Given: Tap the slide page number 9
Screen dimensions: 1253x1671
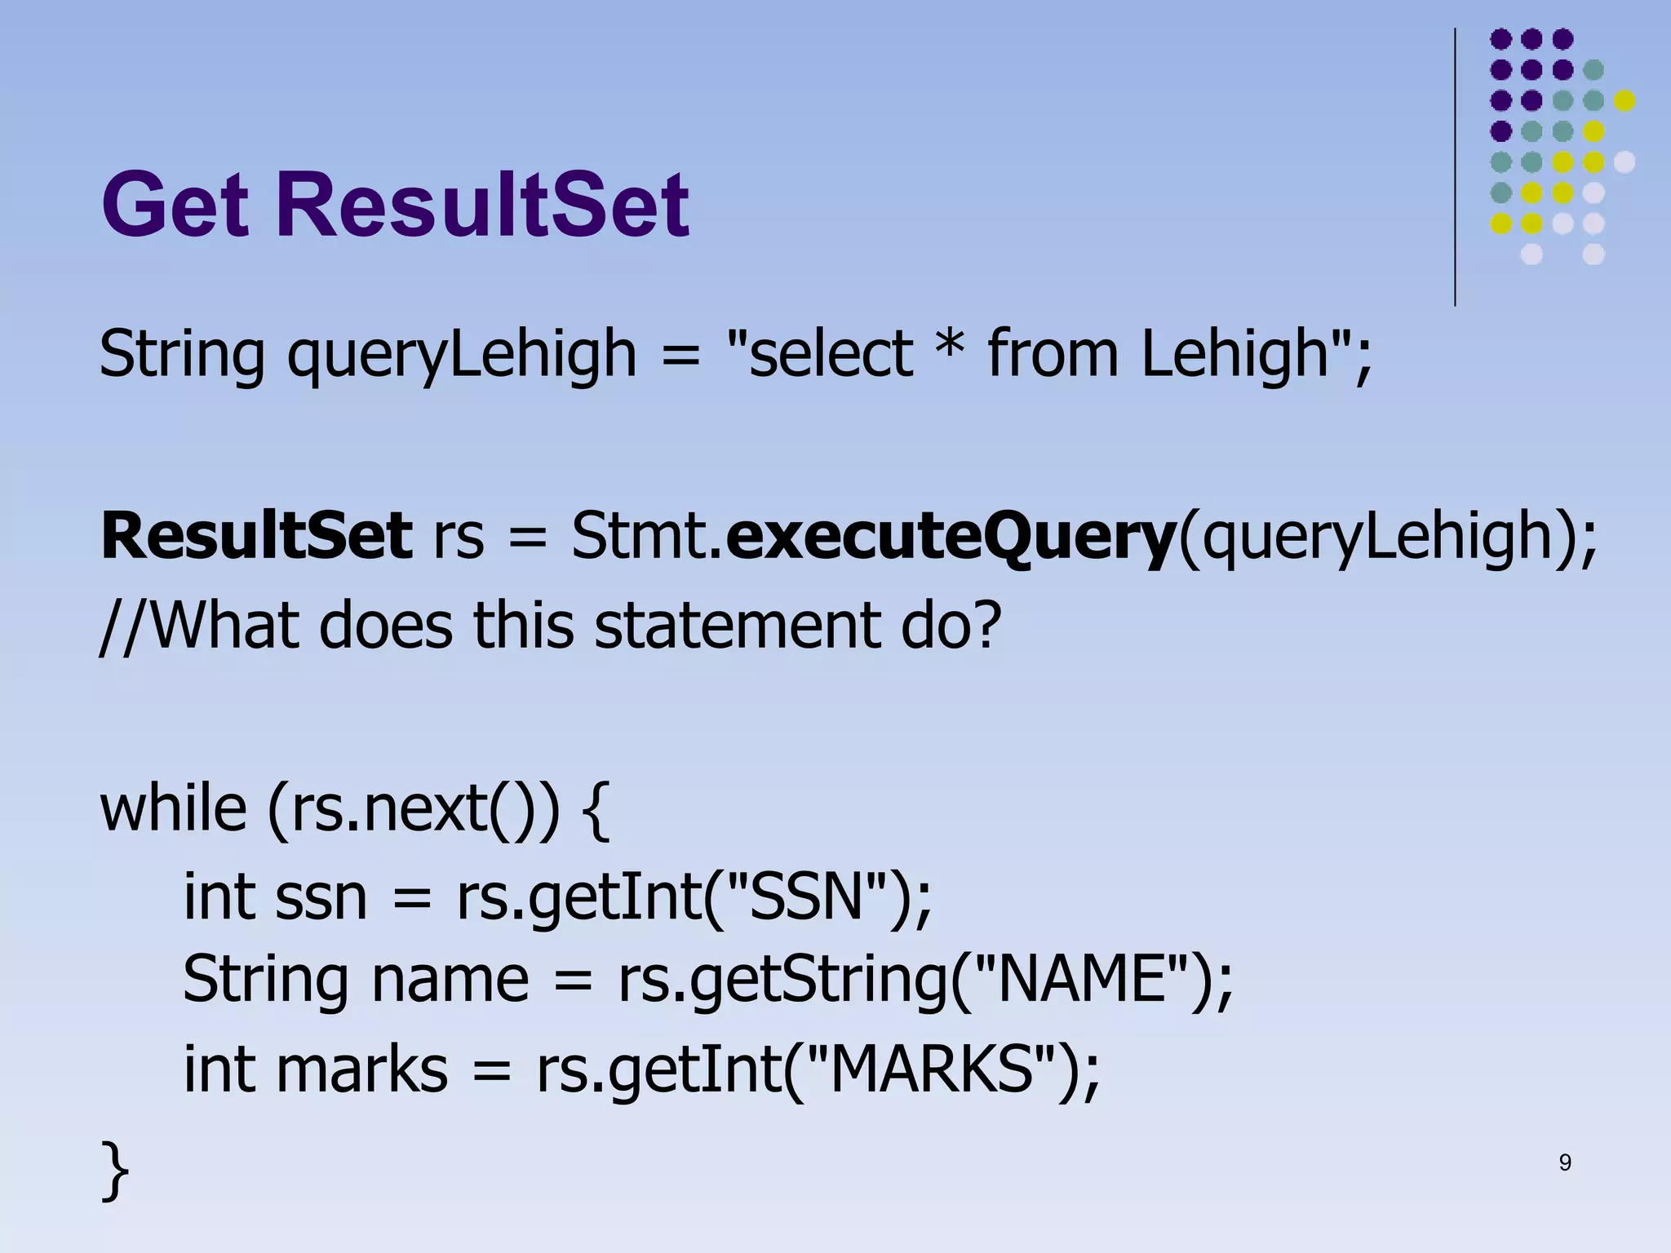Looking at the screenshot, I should [x=1564, y=1162].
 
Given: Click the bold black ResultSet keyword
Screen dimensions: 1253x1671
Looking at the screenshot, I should [x=256, y=536].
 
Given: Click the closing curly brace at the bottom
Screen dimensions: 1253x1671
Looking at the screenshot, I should [x=115, y=1171].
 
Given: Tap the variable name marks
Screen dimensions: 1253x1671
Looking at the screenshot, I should [x=361, y=1069].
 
